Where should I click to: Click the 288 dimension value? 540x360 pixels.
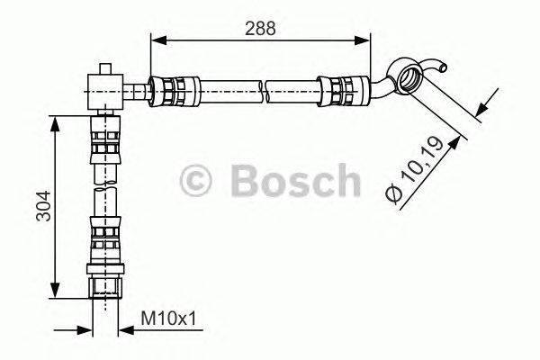260,27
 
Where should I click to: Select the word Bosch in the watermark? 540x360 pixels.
294,180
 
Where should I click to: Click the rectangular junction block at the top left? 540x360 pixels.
105,89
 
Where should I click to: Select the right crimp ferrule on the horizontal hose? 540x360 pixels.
343,90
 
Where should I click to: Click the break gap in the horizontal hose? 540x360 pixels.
267,90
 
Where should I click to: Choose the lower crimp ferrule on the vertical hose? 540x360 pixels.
105,240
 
